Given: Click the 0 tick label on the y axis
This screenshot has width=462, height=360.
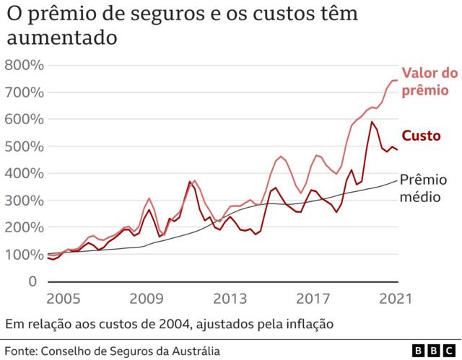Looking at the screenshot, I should coord(32,281).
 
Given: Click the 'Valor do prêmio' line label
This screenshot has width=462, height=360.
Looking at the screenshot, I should coord(429,82).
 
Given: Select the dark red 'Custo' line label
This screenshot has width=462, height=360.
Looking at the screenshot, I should coord(421,136).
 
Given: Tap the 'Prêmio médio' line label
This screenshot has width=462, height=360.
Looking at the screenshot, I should coord(423,187).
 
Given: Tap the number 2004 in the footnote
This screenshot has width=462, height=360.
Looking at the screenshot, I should coord(174,324).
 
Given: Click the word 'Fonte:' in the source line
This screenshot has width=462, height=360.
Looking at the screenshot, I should coord(22,351).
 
